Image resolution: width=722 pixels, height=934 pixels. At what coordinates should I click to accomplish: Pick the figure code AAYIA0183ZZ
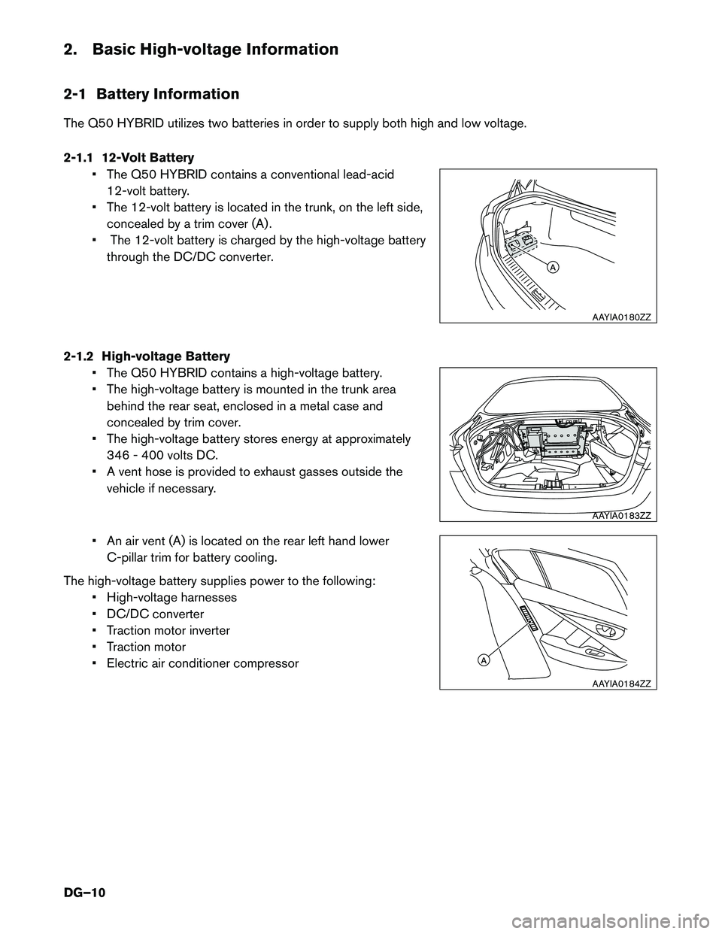(x=620, y=516)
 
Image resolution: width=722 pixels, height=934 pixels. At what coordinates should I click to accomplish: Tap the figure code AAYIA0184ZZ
(x=620, y=684)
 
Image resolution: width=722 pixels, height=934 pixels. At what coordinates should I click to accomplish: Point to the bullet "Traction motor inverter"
(x=168, y=631)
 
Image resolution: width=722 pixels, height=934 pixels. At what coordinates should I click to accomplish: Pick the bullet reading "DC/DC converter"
(x=155, y=614)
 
